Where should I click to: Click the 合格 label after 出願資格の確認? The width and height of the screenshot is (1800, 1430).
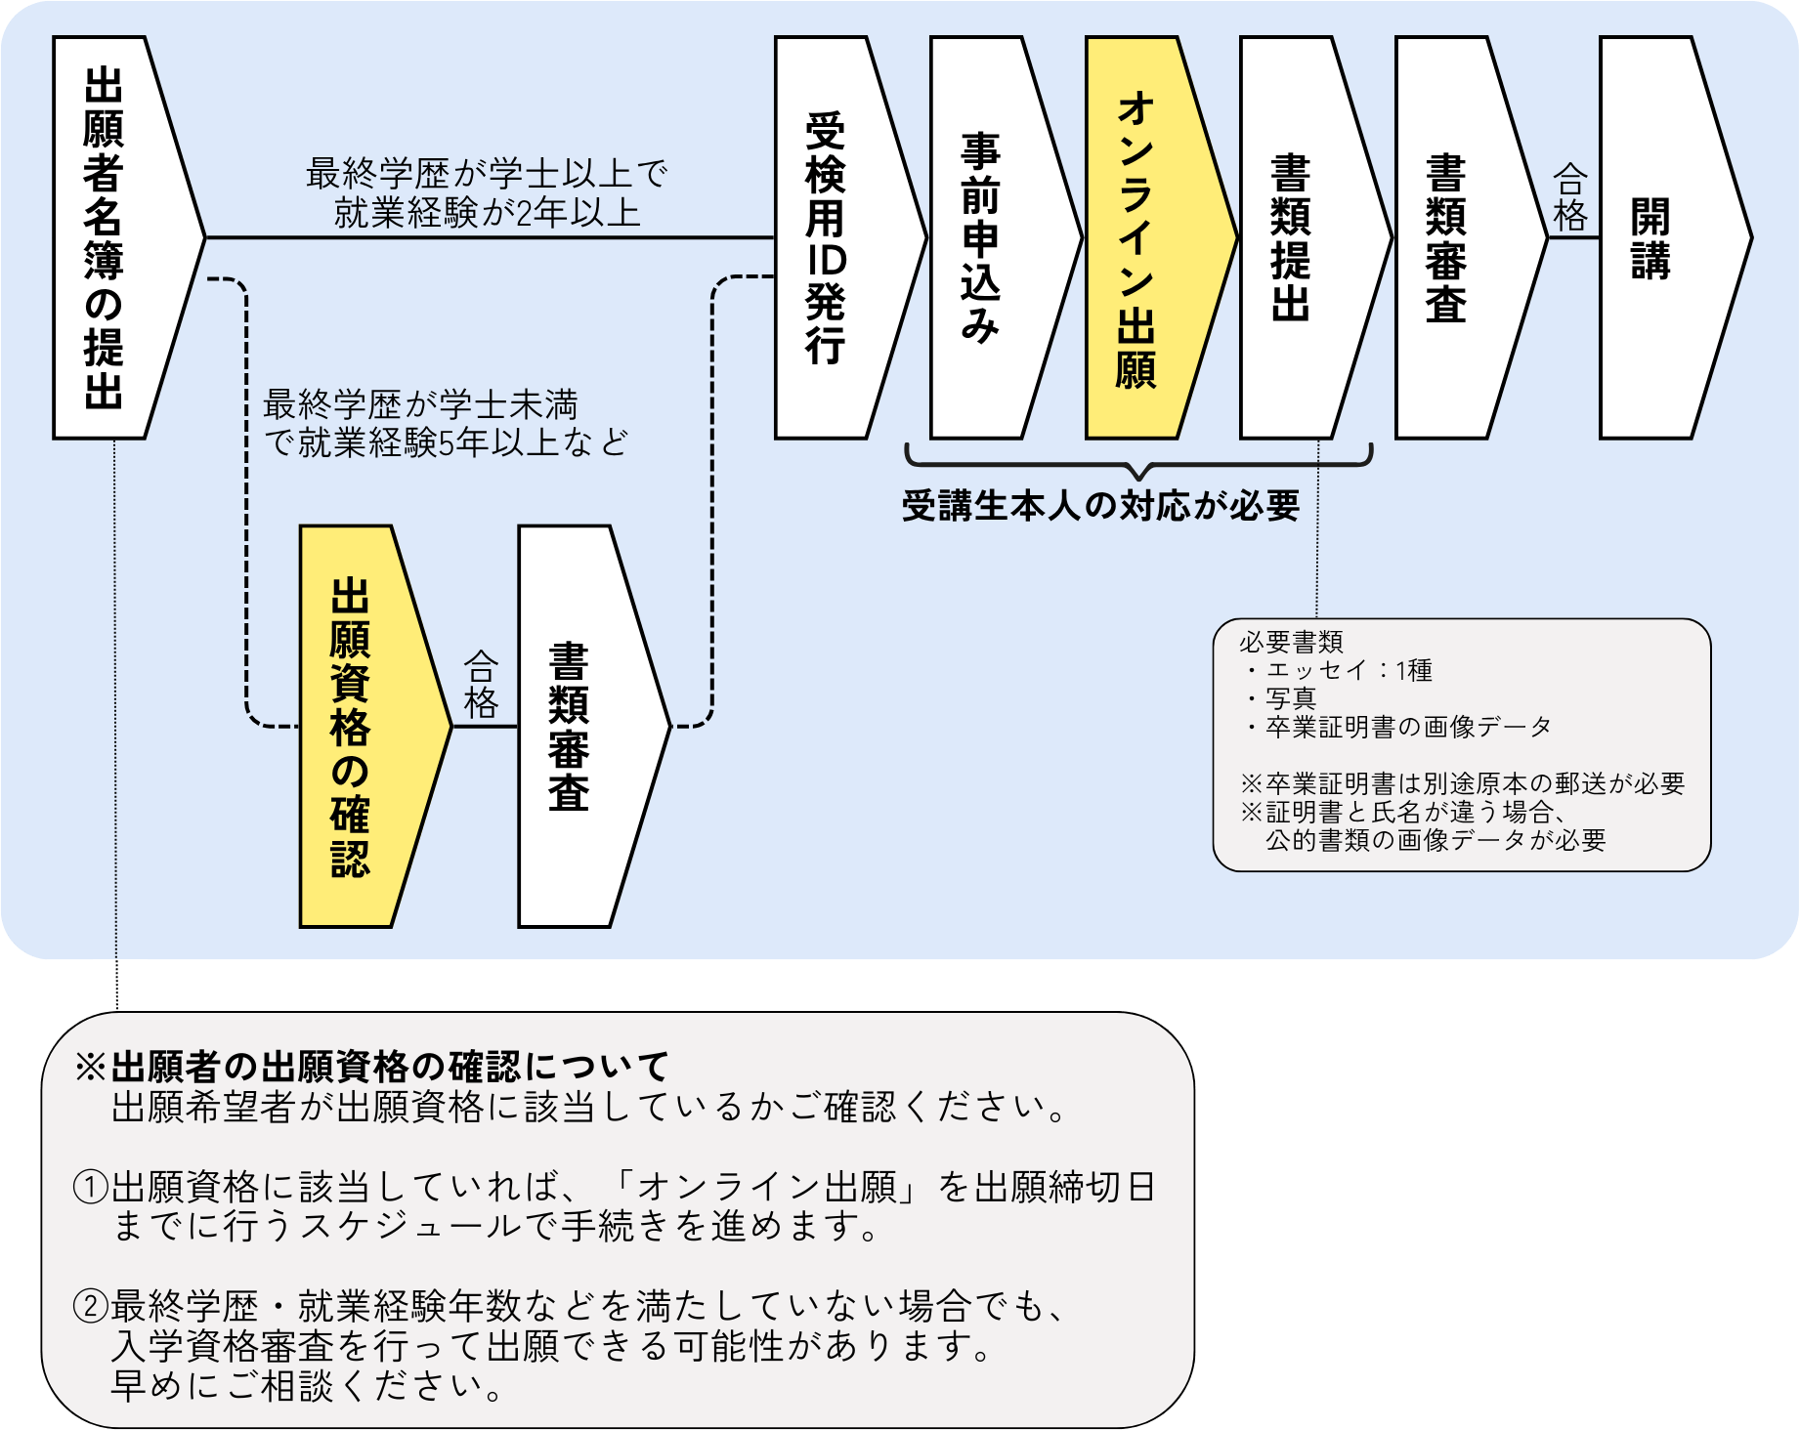tap(481, 685)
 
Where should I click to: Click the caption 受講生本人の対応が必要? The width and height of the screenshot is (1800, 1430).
tap(1100, 506)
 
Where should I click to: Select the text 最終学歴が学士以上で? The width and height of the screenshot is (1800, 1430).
tap(487, 174)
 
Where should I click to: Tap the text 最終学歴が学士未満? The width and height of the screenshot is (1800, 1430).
tap(420, 404)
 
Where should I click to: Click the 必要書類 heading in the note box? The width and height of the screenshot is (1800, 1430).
tap(1291, 642)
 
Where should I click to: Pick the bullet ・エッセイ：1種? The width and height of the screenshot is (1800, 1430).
tap(1340, 670)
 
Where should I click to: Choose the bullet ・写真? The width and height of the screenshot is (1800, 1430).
tap(1282, 698)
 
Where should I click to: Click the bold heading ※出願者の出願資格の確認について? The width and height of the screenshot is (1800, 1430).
tap(371, 1066)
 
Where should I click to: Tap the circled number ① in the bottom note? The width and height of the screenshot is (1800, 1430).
tap(91, 1187)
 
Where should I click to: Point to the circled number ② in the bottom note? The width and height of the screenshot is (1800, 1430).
tap(91, 1306)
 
